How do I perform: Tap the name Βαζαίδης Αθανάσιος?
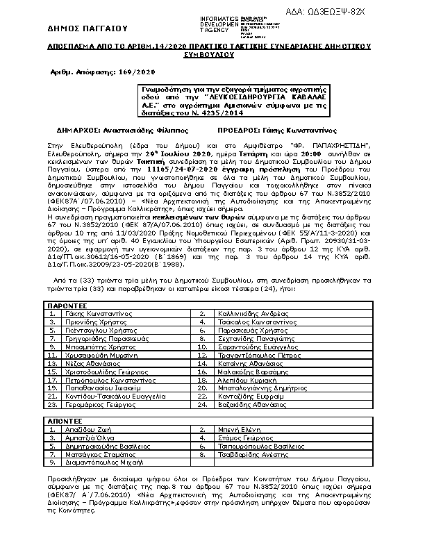tap(244, 403)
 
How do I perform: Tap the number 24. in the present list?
tap(203, 403)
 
